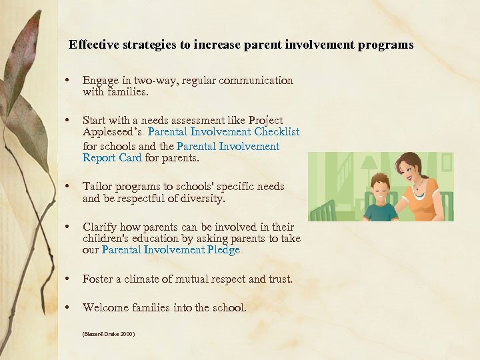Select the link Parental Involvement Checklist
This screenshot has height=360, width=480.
pyautogui.click(x=224, y=132)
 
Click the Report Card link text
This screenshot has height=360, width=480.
pyautogui.click(x=112, y=158)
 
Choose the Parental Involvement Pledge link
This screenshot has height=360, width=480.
pyautogui.click(x=171, y=250)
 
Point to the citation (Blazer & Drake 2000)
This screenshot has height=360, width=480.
pyautogui.click(x=109, y=333)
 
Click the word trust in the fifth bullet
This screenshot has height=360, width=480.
pyautogui.click(x=279, y=279)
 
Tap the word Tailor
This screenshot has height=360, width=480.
pyautogui.click(x=98, y=187)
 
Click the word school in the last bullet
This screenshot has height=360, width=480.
pyautogui.click(x=229, y=308)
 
